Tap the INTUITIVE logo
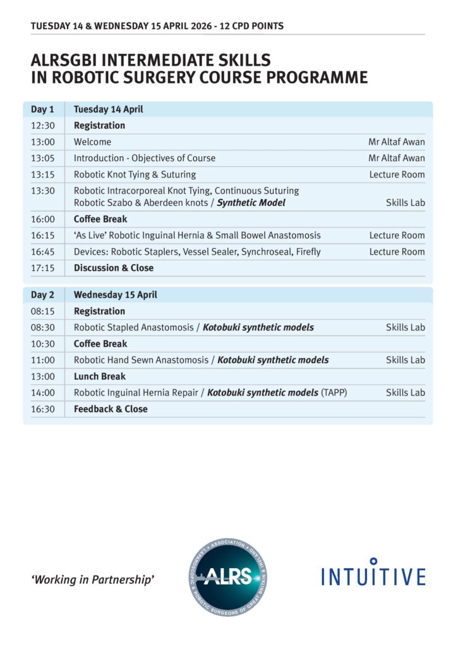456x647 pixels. click(x=373, y=574)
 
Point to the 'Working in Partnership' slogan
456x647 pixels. click(x=92, y=579)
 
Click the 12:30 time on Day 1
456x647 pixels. click(x=42, y=126)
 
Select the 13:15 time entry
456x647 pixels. click(x=42, y=174)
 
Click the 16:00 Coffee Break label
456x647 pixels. click(x=100, y=219)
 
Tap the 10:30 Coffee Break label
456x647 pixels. click(x=100, y=344)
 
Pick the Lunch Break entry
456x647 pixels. click(x=100, y=377)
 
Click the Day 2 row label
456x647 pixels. click(x=42, y=295)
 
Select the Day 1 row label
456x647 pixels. click(x=42, y=109)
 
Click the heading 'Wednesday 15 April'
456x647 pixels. click(x=116, y=295)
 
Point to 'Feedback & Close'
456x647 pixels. click(x=111, y=409)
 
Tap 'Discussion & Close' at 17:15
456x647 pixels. click(x=114, y=268)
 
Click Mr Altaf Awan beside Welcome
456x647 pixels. click(x=397, y=142)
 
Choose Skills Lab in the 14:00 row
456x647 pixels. click(x=405, y=392)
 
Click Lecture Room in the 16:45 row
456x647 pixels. click(x=397, y=251)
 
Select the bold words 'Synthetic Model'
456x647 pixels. click(x=251, y=203)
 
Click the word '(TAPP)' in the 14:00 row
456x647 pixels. click(x=334, y=392)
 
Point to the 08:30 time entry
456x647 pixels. click(x=42, y=327)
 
